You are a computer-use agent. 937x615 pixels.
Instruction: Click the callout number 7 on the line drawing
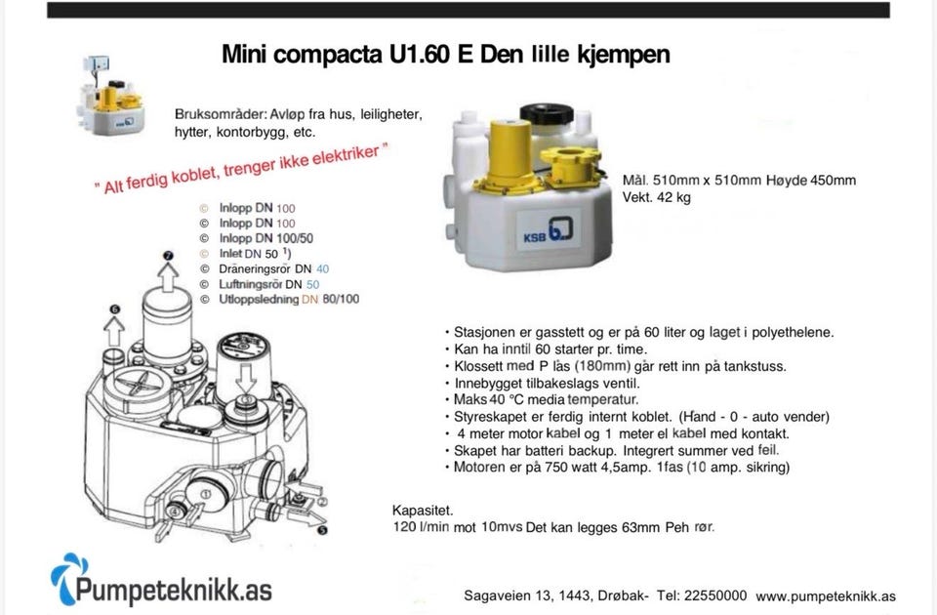168,256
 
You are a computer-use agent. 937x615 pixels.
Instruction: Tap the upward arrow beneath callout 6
113,331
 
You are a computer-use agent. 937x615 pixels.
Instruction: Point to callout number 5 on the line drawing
322,530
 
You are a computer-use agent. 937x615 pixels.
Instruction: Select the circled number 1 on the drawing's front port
206,494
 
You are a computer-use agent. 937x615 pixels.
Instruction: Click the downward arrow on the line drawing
246,377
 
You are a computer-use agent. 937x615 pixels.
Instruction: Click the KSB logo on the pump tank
548,230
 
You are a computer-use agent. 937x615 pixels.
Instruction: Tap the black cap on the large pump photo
547,113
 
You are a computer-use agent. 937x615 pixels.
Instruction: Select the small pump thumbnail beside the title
111,96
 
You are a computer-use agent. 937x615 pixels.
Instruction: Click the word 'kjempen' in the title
624,55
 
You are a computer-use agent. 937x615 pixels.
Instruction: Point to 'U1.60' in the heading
420,54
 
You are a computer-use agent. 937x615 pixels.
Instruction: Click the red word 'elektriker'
346,155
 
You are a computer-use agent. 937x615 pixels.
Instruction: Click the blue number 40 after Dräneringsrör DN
323,269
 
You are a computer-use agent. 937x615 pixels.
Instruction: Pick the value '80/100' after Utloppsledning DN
341,299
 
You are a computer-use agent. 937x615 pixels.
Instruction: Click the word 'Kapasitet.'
423,511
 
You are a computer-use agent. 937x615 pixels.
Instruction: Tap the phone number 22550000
715,595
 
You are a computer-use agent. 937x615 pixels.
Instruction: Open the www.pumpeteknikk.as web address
826,596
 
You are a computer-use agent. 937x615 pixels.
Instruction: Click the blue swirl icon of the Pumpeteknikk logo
68,577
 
